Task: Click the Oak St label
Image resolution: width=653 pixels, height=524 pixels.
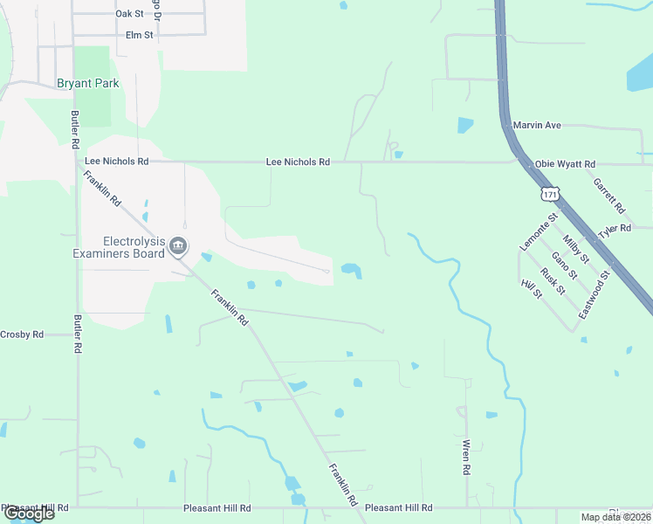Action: click(129, 14)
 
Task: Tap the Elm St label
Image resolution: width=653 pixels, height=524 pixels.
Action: click(139, 35)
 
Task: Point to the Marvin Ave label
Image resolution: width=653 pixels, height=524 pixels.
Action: click(537, 125)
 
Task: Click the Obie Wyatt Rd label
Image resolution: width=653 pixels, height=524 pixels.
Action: click(565, 164)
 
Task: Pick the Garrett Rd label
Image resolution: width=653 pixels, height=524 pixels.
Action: click(608, 196)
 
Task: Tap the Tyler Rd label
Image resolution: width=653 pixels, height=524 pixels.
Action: click(615, 231)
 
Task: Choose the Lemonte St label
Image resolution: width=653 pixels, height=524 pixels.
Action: click(538, 231)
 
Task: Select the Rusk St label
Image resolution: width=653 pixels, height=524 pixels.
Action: click(552, 281)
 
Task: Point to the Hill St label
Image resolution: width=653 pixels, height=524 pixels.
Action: click(532, 287)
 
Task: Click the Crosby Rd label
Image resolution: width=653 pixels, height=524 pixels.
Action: click(22, 334)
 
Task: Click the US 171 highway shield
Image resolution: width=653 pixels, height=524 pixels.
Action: click(548, 191)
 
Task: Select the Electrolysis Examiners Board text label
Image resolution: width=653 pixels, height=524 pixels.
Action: click(134, 247)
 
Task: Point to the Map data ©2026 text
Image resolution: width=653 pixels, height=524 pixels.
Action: click(616, 517)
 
